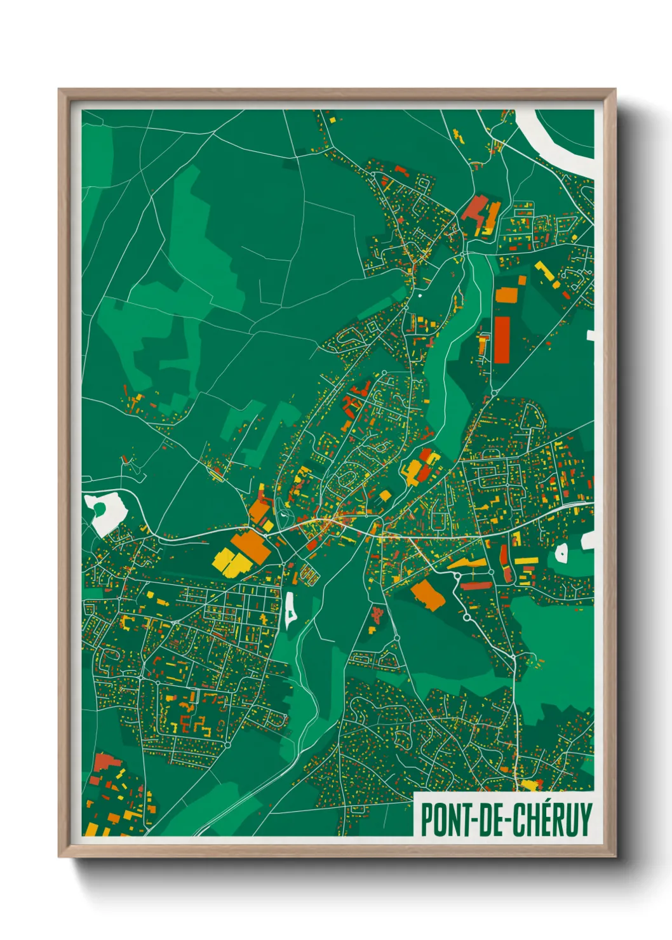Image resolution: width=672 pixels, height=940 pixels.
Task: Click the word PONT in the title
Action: pos(443,819)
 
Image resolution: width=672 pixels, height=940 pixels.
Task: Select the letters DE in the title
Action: pos(488,819)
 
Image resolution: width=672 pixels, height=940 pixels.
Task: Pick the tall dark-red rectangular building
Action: pos(502,340)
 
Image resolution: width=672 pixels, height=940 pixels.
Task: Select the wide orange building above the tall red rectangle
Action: pos(506,295)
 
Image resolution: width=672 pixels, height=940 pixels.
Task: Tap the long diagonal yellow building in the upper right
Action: pos(545,274)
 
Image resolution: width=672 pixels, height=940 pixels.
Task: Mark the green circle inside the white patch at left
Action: pos(100,508)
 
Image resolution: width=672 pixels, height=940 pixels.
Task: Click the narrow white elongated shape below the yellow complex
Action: pos(290,610)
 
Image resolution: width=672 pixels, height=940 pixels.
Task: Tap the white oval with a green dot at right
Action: pos(561,553)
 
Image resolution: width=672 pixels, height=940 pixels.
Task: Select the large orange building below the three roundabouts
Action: pos(426,594)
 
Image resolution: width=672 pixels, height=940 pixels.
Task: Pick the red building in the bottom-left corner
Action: pos(102,762)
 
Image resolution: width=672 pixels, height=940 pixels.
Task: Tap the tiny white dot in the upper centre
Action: pos(419,294)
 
